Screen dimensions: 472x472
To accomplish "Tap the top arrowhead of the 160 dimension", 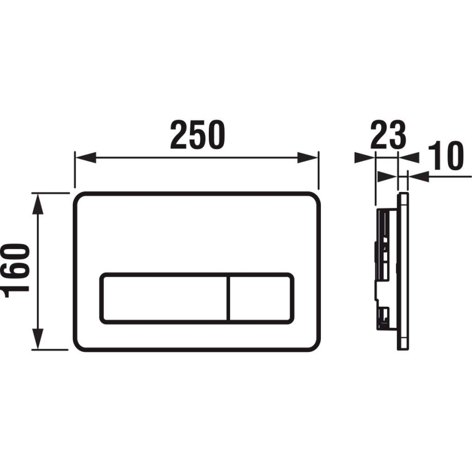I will tap(38, 202).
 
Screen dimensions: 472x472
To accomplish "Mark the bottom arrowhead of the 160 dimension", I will tap(38, 341).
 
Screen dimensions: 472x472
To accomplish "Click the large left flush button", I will tap(163, 298).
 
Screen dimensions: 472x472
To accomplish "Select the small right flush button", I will tap(260, 298).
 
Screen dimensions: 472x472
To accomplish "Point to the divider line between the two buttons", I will tap(228, 298).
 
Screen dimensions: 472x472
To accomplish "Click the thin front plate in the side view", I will tap(403, 272).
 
